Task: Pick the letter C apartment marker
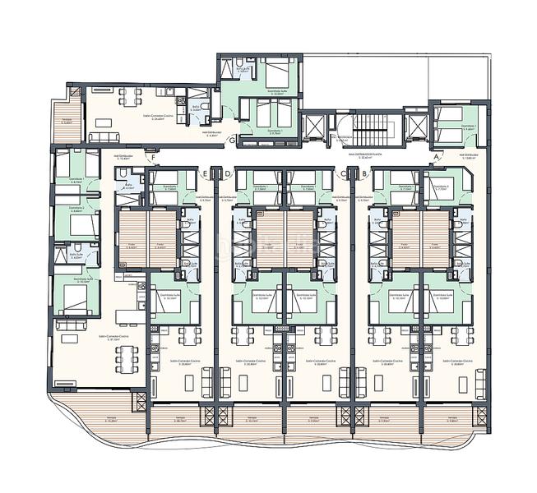tap(344, 173)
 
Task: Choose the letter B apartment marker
tap(363, 173)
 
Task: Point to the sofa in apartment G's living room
tap(104, 134)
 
